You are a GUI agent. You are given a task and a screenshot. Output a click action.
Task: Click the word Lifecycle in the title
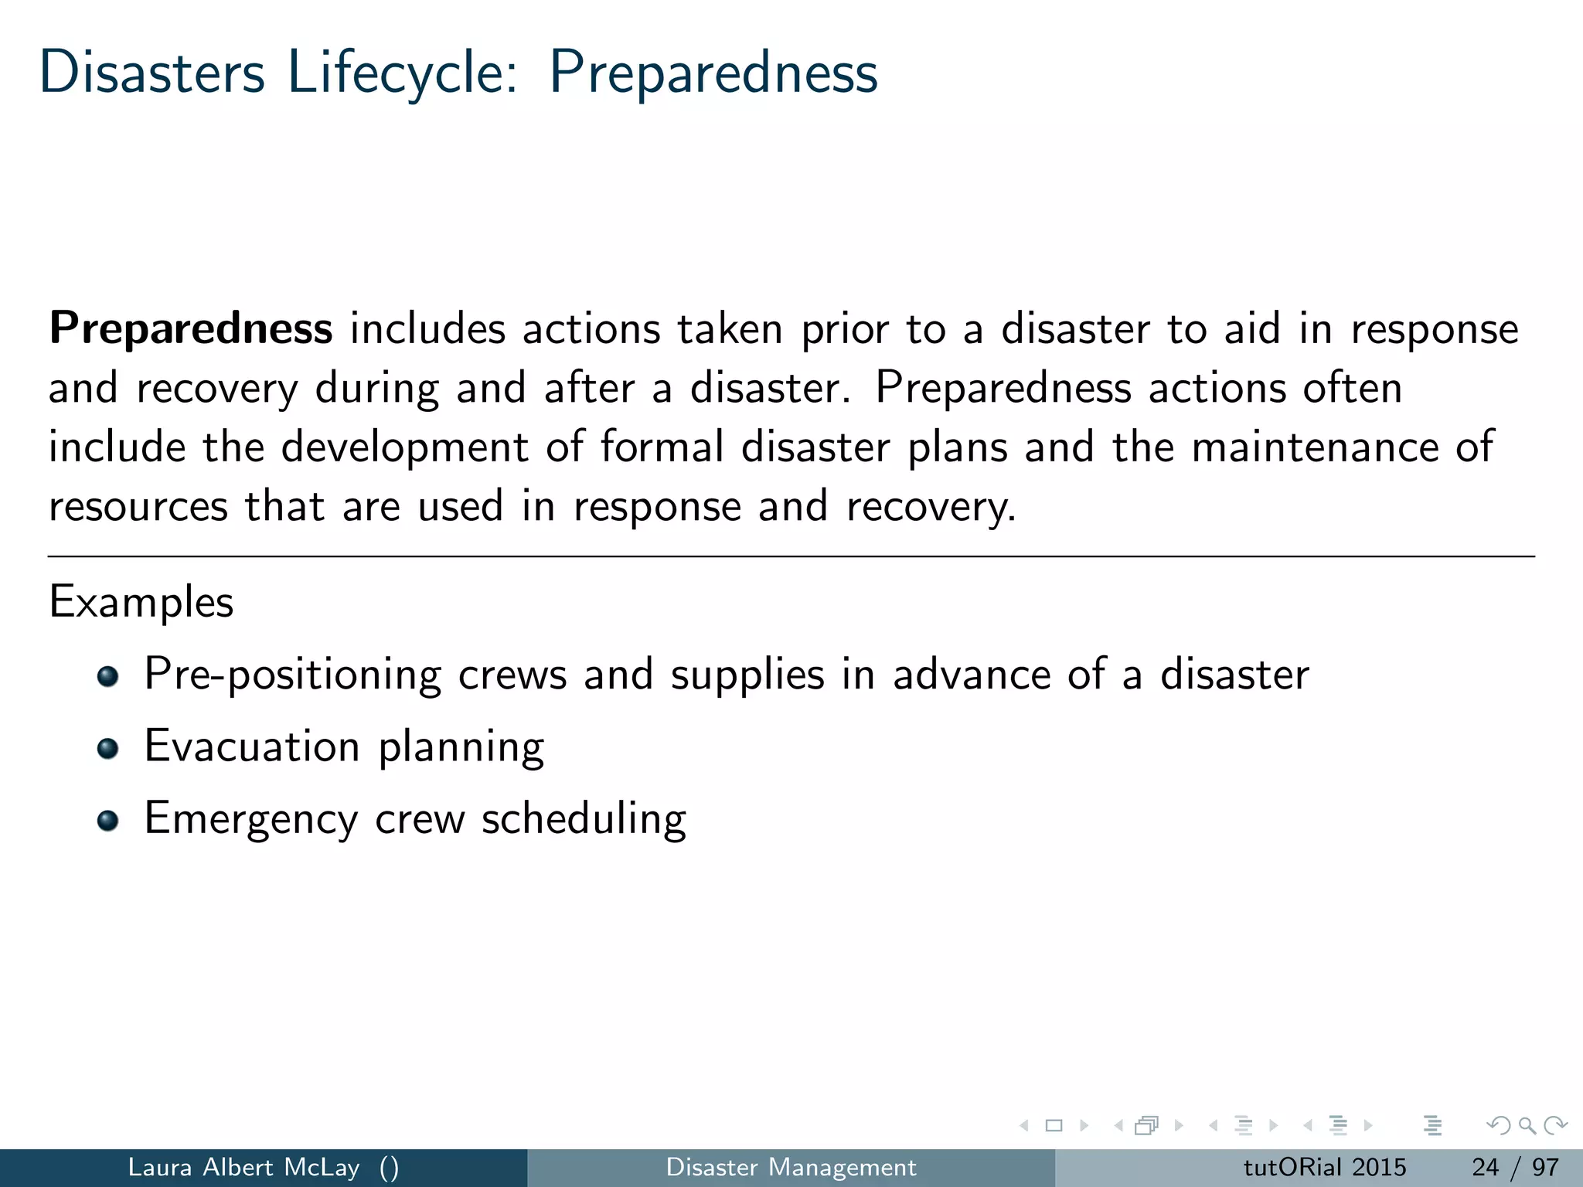point(402,73)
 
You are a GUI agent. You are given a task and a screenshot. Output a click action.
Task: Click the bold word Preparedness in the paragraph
point(191,328)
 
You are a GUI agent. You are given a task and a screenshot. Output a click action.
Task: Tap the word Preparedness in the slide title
point(713,73)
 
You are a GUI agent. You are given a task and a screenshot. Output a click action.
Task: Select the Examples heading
point(141,602)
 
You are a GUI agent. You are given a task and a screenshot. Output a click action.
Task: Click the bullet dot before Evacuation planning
point(108,748)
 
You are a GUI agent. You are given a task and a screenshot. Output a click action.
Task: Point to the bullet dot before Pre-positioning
point(108,676)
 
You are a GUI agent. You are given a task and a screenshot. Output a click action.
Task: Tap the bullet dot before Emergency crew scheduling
point(108,820)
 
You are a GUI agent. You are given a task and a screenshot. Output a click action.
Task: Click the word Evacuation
point(252,747)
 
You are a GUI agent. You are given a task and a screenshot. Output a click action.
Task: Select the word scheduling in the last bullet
point(584,818)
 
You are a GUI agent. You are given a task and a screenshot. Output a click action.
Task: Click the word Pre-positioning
point(292,675)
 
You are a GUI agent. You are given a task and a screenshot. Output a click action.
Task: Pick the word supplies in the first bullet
point(747,675)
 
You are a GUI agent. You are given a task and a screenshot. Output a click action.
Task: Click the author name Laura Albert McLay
point(243,1167)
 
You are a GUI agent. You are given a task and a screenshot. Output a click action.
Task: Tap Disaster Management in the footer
point(791,1167)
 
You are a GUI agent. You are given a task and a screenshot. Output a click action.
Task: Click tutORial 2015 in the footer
point(1324,1167)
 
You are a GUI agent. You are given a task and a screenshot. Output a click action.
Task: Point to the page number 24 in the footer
point(1485,1167)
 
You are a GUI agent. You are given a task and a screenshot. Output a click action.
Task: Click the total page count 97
point(1545,1167)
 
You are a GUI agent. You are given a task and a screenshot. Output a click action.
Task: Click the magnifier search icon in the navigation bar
point(1527,1125)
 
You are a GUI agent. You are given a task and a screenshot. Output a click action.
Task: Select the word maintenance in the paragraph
point(1315,447)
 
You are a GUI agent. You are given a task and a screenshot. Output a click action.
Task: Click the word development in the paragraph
point(404,447)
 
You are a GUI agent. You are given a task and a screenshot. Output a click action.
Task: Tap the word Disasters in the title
point(152,73)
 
